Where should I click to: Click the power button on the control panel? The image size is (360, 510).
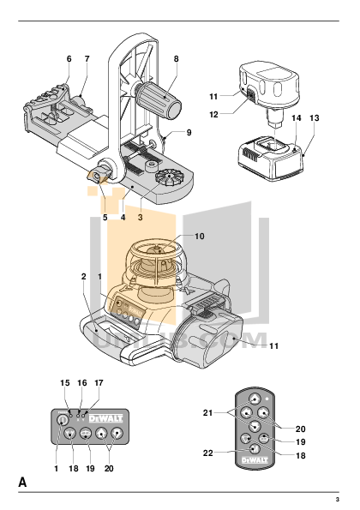(62, 420)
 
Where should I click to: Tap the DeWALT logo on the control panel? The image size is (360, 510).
(102, 418)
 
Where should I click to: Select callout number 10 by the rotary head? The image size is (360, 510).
(200, 236)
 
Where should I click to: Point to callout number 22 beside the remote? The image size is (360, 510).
(207, 452)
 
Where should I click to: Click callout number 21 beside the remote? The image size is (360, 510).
(207, 412)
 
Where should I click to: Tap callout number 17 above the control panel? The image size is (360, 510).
(99, 383)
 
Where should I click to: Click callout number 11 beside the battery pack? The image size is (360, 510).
(214, 98)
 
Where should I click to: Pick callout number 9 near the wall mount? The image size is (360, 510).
(189, 133)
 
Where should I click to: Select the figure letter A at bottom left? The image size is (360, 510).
(23, 484)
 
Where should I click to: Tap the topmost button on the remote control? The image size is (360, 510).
(255, 399)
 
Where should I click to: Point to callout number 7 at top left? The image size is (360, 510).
(87, 58)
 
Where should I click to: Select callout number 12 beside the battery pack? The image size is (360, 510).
(214, 113)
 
